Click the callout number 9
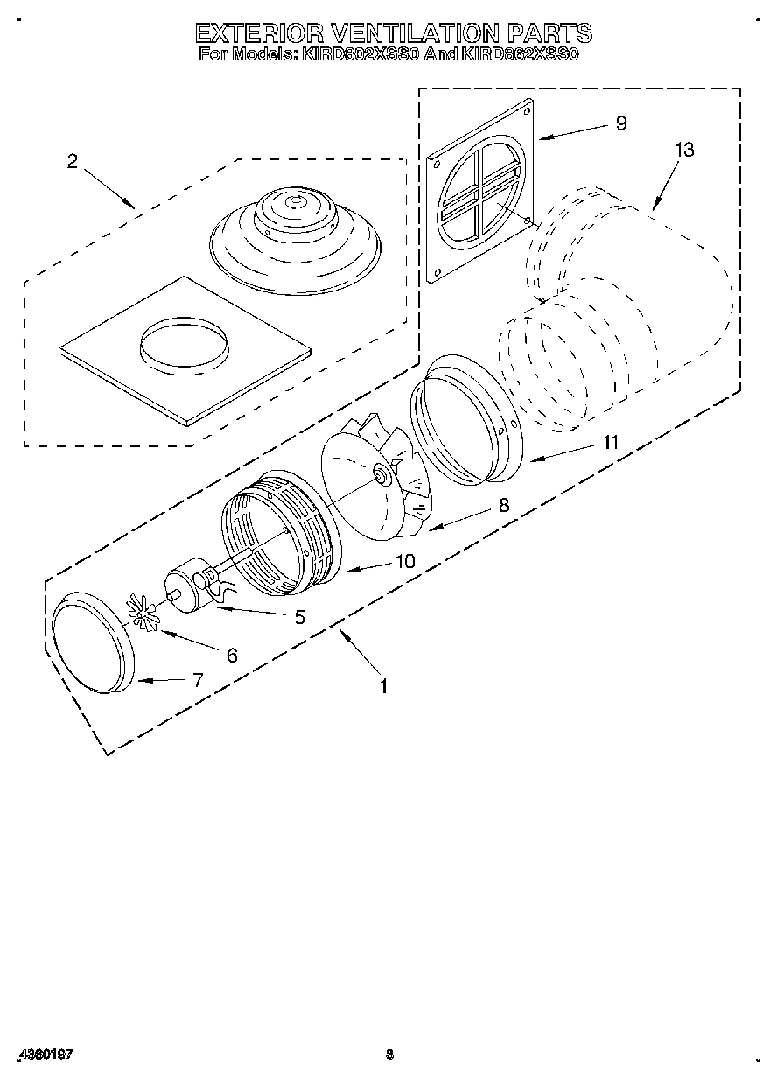tap(621, 123)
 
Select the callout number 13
tap(683, 150)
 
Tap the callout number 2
tap(72, 161)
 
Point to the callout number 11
tap(609, 443)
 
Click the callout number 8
tap(503, 505)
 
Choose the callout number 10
tap(405, 561)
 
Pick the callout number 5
tap(299, 617)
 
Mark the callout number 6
tap(232, 655)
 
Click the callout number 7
tap(198, 679)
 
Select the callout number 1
tap(382, 686)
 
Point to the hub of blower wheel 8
tap(382, 474)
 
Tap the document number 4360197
tap(44, 1055)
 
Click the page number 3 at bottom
tap(390, 1055)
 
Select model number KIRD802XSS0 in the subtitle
tap(360, 54)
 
